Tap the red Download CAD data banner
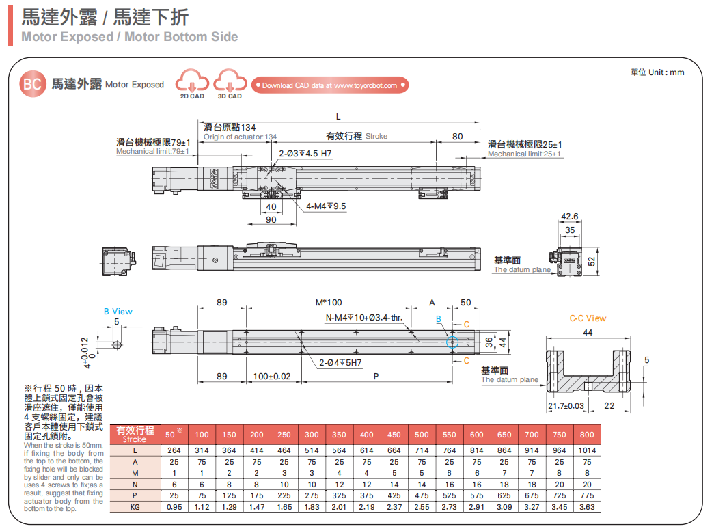click(330, 85)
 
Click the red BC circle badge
click(32, 85)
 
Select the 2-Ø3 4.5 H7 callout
click(305, 154)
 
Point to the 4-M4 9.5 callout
click(326, 206)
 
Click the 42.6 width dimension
click(569, 217)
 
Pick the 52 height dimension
click(592, 261)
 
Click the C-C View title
click(588, 318)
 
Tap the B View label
click(118, 312)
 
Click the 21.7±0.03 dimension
click(566, 406)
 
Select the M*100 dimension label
click(328, 302)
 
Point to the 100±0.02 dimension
click(271, 377)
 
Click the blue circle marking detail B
click(452, 342)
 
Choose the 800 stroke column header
click(586, 435)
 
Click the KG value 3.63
click(586, 507)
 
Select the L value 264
click(174, 450)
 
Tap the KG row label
click(135, 507)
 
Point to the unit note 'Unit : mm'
click(657, 72)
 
